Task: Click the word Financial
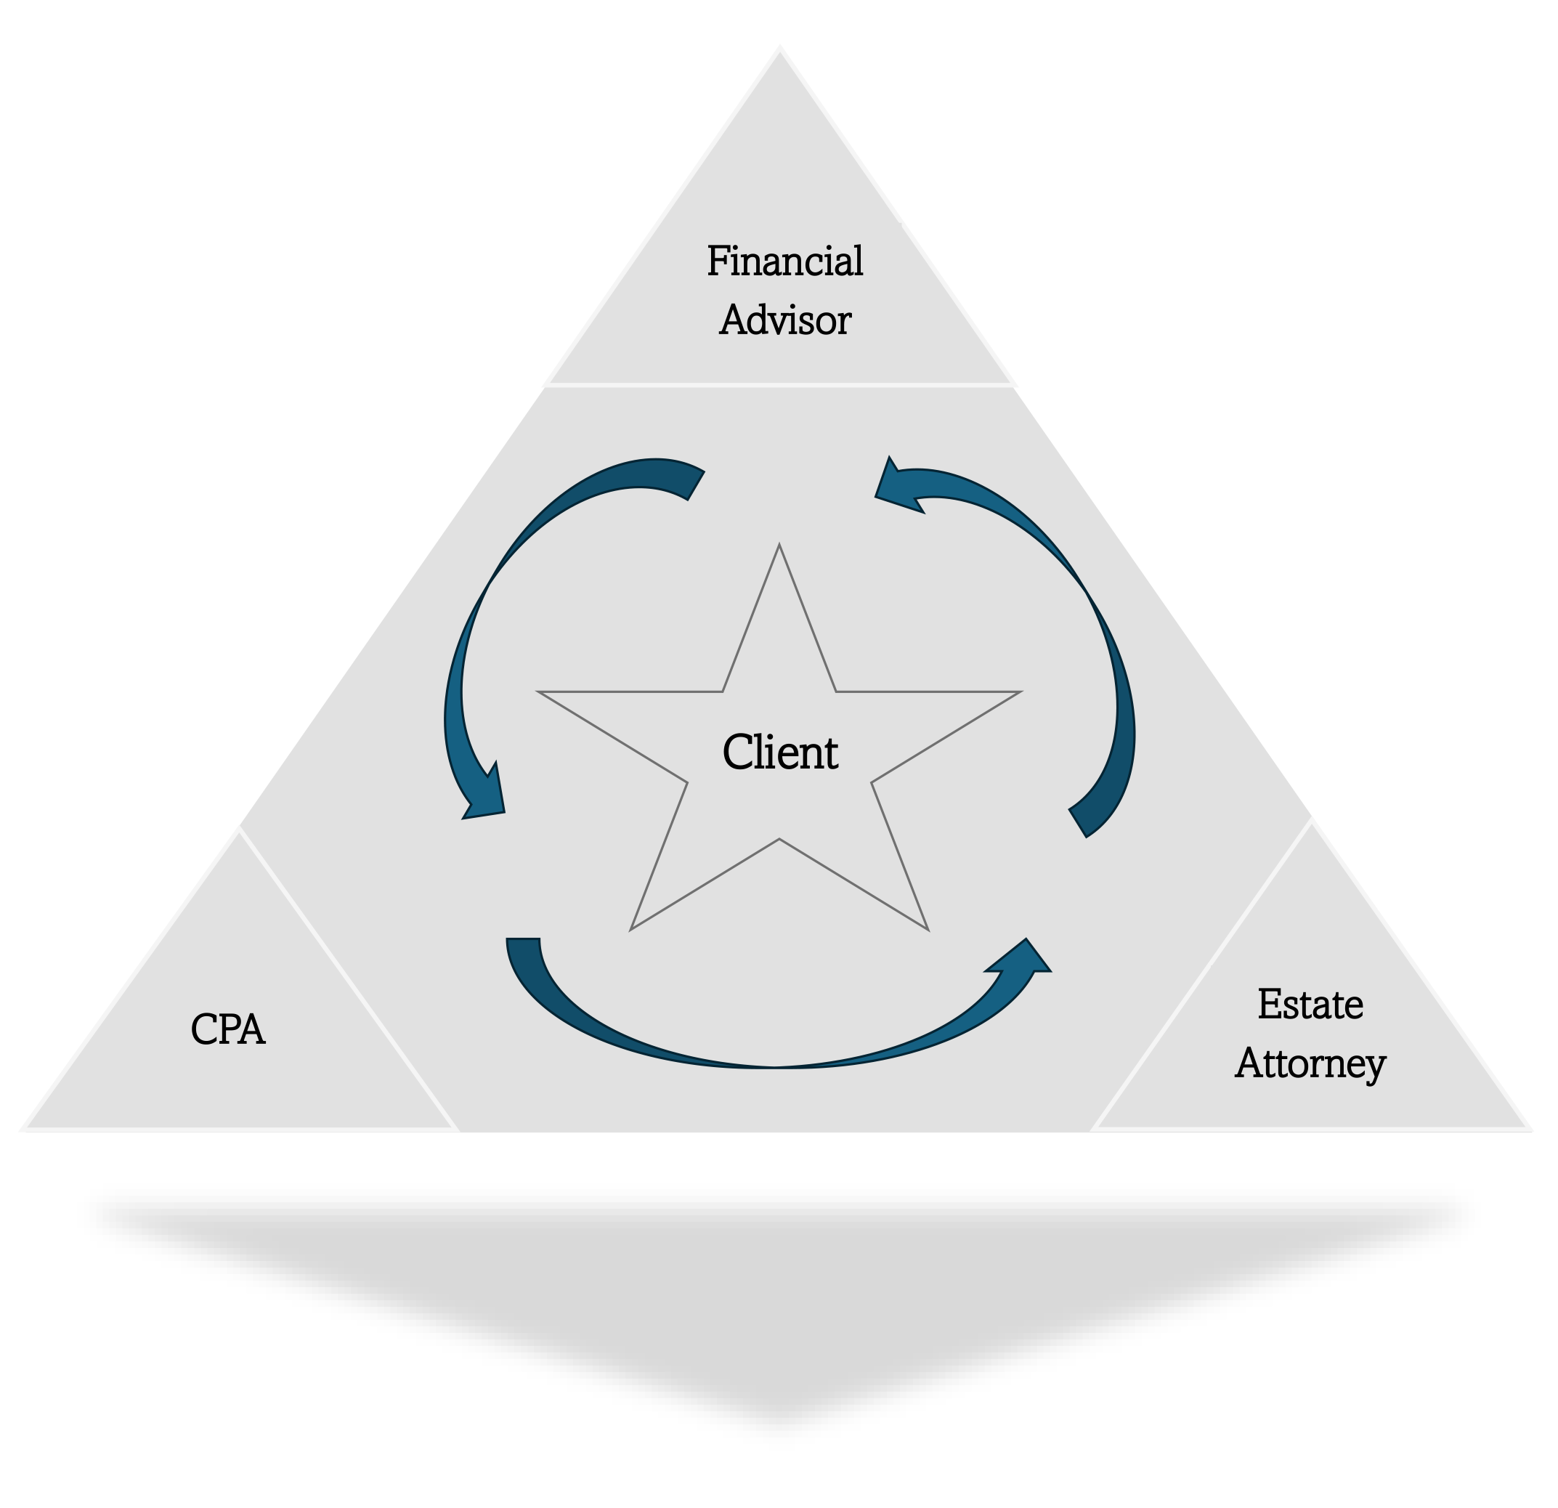click(x=784, y=261)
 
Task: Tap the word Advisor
click(x=784, y=320)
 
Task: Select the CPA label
click(x=227, y=1029)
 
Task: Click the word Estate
click(x=1310, y=1004)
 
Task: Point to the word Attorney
click(x=1310, y=1063)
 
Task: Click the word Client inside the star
click(x=780, y=752)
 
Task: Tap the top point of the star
click(x=779, y=545)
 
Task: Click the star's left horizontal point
click(x=540, y=692)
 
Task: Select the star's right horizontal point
click(x=1020, y=692)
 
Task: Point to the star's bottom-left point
click(x=631, y=928)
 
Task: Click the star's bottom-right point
click(x=928, y=928)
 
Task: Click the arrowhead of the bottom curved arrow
click(x=1021, y=957)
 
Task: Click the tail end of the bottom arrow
click(x=523, y=939)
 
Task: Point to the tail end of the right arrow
click(x=1078, y=823)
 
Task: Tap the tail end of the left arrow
click(x=696, y=485)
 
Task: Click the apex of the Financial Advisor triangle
click(x=780, y=48)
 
